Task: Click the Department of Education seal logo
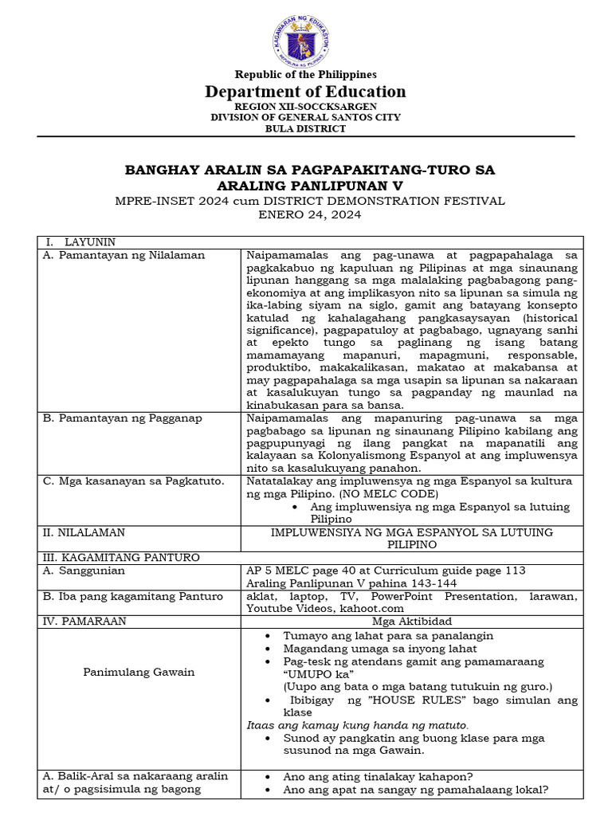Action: [305, 41]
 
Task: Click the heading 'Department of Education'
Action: [305, 92]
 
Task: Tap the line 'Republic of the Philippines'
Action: [305, 75]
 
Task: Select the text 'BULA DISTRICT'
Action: [305, 128]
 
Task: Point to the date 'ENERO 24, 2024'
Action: [305, 215]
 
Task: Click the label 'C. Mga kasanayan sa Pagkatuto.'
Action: [134, 481]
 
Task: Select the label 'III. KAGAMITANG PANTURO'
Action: [120, 558]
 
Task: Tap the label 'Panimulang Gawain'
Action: [139, 672]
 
